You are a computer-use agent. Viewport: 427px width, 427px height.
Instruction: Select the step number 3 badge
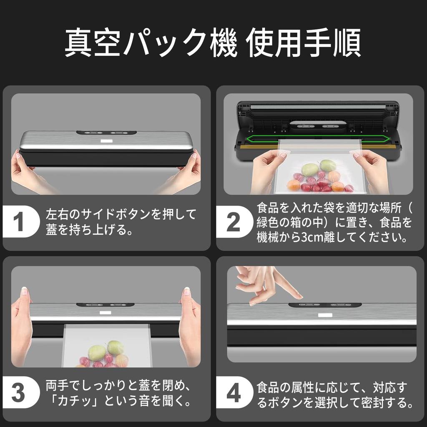pos(18,393)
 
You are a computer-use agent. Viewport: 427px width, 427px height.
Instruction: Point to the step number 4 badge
pos(233,393)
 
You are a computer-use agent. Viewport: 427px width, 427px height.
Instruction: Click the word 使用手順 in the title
pos(303,43)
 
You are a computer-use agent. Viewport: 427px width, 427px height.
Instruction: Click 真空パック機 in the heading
pos(151,43)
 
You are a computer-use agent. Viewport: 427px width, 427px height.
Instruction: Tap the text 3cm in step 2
pos(317,238)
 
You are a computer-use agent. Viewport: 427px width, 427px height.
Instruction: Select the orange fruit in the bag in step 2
pos(294,185)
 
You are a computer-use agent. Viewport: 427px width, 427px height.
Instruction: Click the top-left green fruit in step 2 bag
pos(309,169)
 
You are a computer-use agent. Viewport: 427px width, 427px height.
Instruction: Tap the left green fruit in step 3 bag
pos(97,352)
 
